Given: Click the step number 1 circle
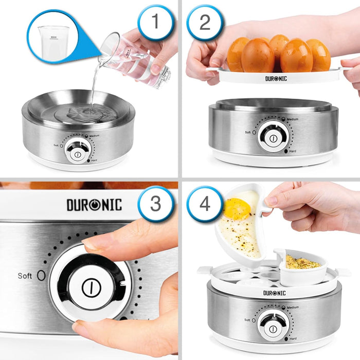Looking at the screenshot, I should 156,23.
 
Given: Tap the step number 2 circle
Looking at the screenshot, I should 204,23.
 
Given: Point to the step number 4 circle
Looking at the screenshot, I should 205,204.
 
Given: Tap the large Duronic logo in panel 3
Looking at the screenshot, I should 94,205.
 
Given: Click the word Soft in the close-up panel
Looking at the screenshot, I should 25,276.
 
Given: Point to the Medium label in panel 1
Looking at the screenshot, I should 94,136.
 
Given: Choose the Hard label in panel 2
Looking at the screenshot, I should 293,152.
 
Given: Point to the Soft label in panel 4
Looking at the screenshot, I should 248,319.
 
